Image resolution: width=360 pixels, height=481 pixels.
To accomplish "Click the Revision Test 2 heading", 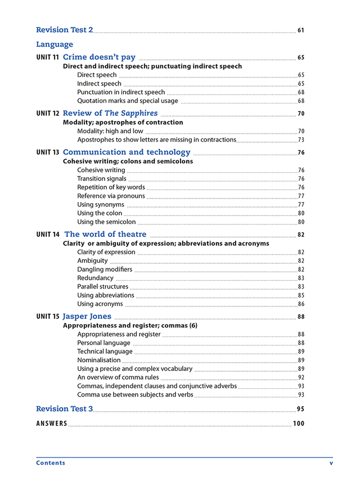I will [x=64, y=30].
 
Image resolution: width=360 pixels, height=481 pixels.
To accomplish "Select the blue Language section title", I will [x=55, y=44].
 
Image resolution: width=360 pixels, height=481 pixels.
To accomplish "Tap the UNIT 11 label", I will [x=48, y=57].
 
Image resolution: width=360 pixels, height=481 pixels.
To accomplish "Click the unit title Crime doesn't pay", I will [x=99, y=57].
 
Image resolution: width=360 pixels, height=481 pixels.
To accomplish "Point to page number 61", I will [x=301, y=30].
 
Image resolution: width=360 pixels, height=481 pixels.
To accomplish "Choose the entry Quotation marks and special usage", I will [x=128, y=101].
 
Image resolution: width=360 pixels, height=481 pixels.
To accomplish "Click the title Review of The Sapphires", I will [x=110, y=113].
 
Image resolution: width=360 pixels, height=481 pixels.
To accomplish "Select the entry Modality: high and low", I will [x=110, y=131].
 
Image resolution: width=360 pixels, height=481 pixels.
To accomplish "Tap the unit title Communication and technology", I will [x=127, y=152].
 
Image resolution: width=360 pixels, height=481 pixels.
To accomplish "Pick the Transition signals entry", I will [x=102, y=179].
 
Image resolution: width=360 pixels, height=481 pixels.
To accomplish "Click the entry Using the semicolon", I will [x=106, y=222].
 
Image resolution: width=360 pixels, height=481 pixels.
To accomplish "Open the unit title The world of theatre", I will [x=105, y=234].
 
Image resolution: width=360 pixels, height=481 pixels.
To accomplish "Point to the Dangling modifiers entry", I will [x=105, y=269].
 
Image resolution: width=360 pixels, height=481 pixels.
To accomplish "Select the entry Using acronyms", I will [x=100, y=304].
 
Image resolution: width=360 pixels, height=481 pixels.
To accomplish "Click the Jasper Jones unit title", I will [x=87, y=316].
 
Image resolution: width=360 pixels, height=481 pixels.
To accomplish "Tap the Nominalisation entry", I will [x=99, y=360].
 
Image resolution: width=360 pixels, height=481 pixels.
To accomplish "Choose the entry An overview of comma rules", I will [x=118, y=377].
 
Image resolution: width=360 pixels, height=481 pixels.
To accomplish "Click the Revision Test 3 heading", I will [x=64, y=408].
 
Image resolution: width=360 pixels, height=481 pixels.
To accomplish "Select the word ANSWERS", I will [x=52, y=424].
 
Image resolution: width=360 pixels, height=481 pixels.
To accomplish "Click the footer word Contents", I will [x=51, y=463].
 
